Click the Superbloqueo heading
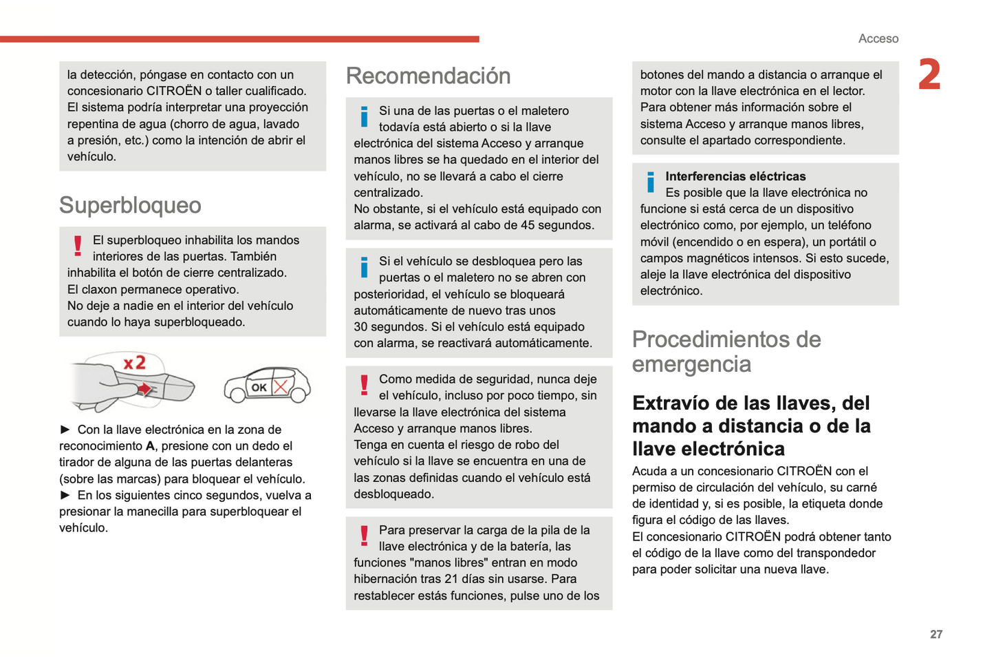pos(130,205)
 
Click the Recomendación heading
pos(428,76)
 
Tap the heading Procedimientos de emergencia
pos(726,351)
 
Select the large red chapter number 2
pos(929,75)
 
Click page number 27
pos(936,634)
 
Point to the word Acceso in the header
pos(878,39)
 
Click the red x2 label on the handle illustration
pos(135,362)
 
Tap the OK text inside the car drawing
pos(259,388)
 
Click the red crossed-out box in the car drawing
pos(281,386)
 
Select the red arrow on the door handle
pos(144,390)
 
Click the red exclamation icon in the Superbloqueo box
pos(78,246)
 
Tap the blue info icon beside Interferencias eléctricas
pos(650,182)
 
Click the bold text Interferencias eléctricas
pos(735,176)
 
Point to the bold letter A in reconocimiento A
pos(150,446)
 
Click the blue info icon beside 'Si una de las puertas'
pos(364,116)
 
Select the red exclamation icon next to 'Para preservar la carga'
pos(364,536)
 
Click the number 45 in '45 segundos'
pos(528,225)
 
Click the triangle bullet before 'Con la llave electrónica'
pos(65,430)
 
